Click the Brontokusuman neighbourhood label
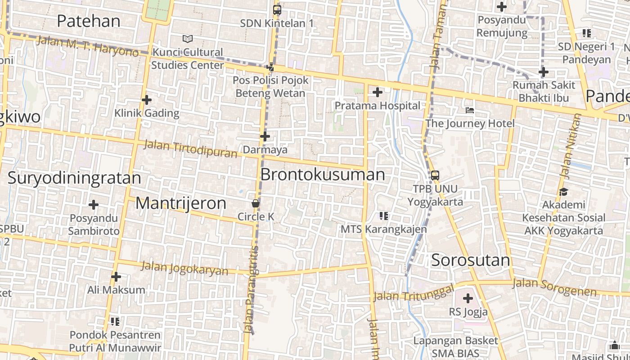coord(323,175)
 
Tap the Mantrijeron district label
coord(181,203)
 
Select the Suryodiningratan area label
coord(74,178)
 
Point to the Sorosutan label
coord(471,260)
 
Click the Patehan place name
coord(89,21)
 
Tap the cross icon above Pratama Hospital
coord(378,93)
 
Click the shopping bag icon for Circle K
coord(256,203)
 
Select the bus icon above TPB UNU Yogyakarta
coord(435,175)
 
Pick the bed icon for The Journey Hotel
coord(470,110)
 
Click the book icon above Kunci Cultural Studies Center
coord(188,39)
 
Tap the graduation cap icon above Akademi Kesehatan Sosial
coord(563,192)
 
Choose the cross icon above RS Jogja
coord(468,298)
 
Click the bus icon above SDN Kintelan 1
coord(277,9)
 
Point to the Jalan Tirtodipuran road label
coord(190,149)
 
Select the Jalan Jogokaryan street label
coord(184,268)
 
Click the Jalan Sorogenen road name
coord(554,287)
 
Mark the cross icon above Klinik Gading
coord(147,100)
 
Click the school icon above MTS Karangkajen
coord(383,216)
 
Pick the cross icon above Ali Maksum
coord(116,276)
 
